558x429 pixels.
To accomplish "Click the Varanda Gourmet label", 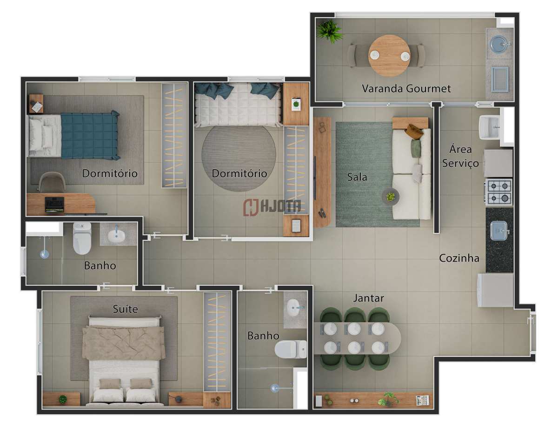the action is click(406, 88).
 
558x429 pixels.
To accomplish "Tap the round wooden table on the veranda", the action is click(389, 56).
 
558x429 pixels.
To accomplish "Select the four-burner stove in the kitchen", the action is click(498, 192).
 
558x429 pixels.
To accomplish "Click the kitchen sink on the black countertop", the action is click(499, 231).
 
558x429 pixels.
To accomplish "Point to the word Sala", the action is click(357, 177).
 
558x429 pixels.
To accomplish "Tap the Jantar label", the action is click(368, 298).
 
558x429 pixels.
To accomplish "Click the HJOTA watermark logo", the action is click(272, 207).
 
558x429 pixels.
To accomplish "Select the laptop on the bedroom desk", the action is click(54, 204).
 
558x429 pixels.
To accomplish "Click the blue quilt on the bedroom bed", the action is click(90, 135).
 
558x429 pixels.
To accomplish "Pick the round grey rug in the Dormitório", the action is click(239, 158).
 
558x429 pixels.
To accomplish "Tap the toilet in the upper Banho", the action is click(82, 238).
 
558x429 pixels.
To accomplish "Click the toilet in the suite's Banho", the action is click(291, 349).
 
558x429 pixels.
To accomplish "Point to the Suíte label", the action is click(125, 309).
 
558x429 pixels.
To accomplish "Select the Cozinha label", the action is click(459, 258).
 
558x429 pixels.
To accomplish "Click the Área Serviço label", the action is click(460, 156).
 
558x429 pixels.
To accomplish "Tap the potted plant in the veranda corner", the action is click(329, 32).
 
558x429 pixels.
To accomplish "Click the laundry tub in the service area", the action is click(490, 127).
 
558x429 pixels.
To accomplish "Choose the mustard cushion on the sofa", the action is click(414, 132).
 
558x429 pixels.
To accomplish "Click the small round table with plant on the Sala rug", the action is click(390, 197).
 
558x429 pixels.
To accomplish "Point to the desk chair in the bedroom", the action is click(53, 182).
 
